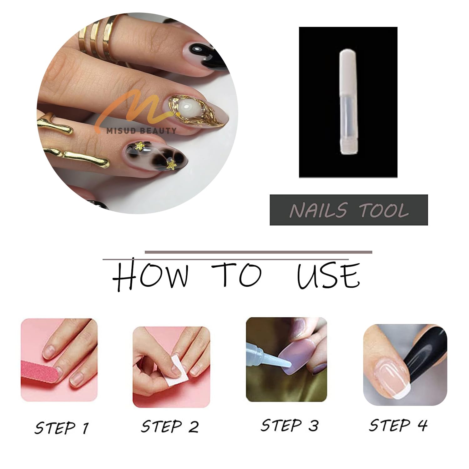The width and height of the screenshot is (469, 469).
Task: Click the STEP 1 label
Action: click(62, 427)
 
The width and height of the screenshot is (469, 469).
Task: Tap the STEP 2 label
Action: click(170, 426)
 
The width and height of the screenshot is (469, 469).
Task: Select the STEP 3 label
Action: click(290, 425)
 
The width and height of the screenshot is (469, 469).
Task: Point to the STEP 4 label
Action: click(398, 425)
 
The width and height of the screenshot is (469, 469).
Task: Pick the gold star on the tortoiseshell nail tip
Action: click(171, 163)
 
